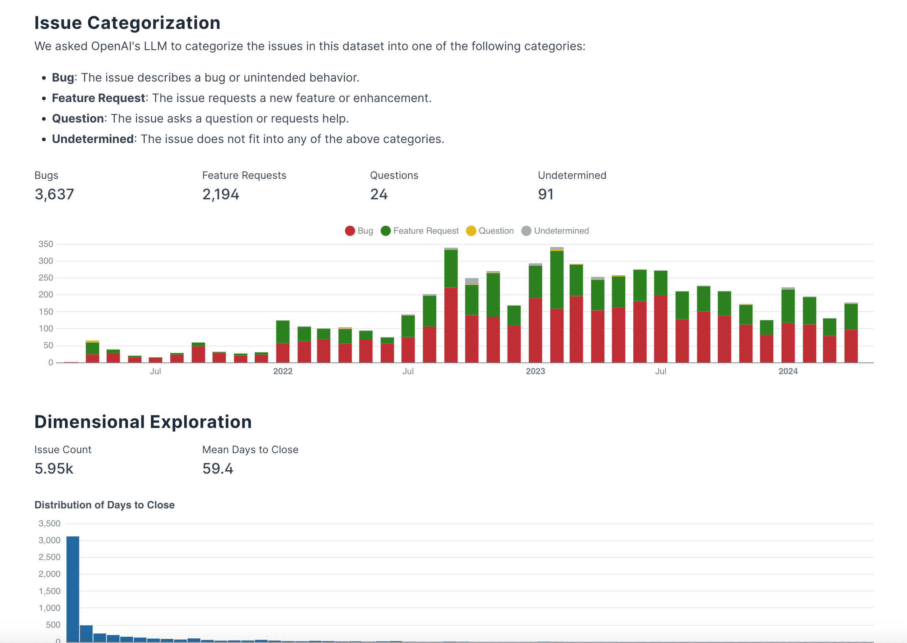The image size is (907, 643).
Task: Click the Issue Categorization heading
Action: pos(127,23)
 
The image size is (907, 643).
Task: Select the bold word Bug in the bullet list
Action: pos(63,78)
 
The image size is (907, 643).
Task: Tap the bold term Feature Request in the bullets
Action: pos(99,98)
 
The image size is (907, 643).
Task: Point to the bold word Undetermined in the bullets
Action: pos(92,139)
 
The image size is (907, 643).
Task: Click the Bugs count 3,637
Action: pos(54,195)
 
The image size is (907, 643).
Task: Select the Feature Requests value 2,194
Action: pos(220,195)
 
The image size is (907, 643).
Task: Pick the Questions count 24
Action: pos(379,195)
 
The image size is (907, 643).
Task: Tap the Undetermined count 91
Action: pos(546,195)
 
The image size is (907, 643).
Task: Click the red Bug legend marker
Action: pos(350,231)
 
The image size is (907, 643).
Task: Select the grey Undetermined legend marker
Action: pos(526,231)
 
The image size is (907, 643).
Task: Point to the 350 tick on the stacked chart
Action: pos(46,244)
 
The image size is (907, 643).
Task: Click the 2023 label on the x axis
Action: pos(535,371)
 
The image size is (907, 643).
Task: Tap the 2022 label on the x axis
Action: pos(283,371)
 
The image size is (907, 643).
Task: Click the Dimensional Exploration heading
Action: pos(143,422)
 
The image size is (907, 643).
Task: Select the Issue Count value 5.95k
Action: pos(54,469)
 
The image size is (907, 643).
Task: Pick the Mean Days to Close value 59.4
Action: pos(217,469)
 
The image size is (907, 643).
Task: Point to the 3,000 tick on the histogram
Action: pos(49,541)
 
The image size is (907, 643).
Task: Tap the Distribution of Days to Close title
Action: pos(105,505)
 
